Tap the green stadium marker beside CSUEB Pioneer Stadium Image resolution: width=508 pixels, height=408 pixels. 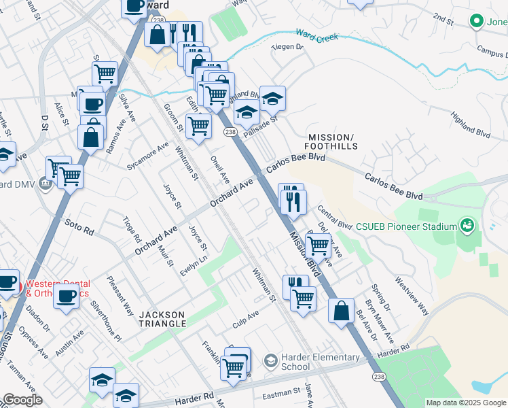(467, 224)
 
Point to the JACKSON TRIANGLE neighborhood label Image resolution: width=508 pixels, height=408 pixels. (163, 319)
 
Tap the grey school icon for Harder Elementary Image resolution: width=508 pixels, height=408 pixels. (271, 359)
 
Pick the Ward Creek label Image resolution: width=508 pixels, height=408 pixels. (316, 35)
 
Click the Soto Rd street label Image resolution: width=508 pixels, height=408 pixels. (79, 226)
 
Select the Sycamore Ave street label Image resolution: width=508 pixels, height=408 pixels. (147, 156)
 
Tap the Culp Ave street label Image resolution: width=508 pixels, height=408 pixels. (245, 317)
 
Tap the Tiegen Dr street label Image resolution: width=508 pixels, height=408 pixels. (287, 47)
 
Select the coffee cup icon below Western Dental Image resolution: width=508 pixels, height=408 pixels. (67, 296)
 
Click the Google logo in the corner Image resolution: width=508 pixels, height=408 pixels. (22, 401)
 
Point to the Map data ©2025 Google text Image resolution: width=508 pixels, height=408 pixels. (465, 403)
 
